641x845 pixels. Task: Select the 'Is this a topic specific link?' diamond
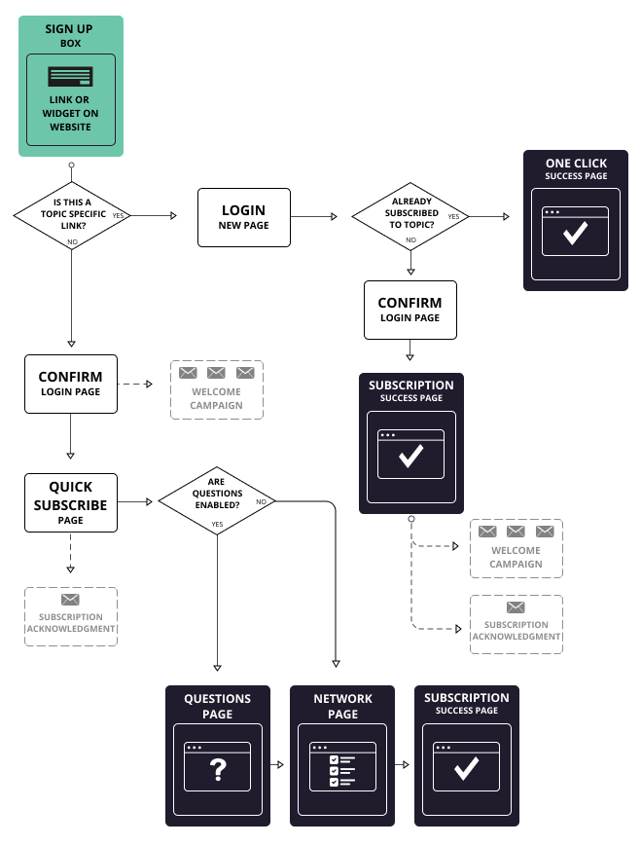(x=71, y=214)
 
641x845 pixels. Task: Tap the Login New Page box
(x=243, y=216)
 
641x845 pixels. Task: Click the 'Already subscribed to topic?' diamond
(x=410, y=215)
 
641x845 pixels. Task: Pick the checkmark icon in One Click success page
(x=576, y=232)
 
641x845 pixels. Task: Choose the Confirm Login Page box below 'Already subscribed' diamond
(x=410, y=310)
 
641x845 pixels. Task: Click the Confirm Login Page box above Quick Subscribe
(x=70, y=384)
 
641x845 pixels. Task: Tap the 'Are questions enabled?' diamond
(x=217, y=500)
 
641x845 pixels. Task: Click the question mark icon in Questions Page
(x=218, y=770)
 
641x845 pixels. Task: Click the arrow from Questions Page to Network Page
(x=278, y=765)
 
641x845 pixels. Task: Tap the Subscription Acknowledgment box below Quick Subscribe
(x=70, y=616)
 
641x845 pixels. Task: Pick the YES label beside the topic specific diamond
(x=118, y=215)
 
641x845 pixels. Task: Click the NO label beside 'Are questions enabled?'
(x=261, y=501)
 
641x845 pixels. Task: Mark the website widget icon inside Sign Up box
(x=70, y=76)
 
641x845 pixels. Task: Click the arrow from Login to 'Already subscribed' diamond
(x=321, y=216)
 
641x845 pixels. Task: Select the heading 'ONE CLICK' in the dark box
(x=576, y=164)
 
